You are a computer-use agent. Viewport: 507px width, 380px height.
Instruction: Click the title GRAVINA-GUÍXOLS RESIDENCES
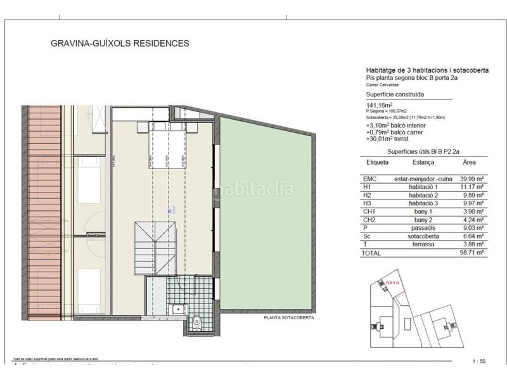coord(120,44)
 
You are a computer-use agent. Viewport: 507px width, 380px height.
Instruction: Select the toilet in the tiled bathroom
coord(196,322)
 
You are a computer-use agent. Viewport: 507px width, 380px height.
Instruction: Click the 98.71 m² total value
coord(472,252)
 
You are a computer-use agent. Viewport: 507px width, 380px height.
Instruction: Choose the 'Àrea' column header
coord(470,162)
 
